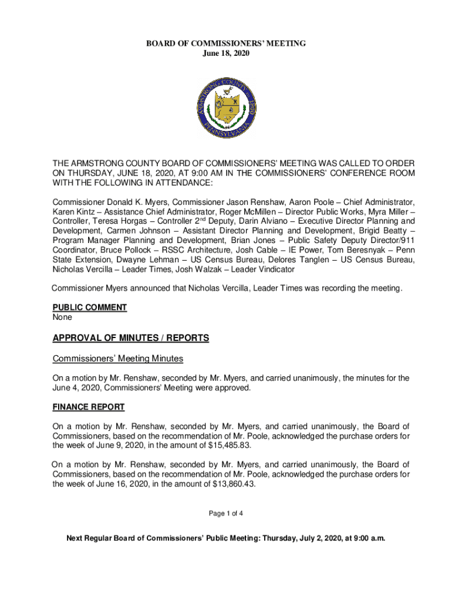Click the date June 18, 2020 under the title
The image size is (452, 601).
coord(226,53)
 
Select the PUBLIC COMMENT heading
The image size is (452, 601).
coord(89,307)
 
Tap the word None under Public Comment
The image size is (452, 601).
coord(62,317)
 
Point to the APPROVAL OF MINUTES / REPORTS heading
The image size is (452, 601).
coord(131,338)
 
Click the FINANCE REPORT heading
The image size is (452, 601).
coord(88,406)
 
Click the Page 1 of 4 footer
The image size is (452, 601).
coord(226,514)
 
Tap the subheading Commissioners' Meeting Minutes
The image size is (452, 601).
coord(118,359)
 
